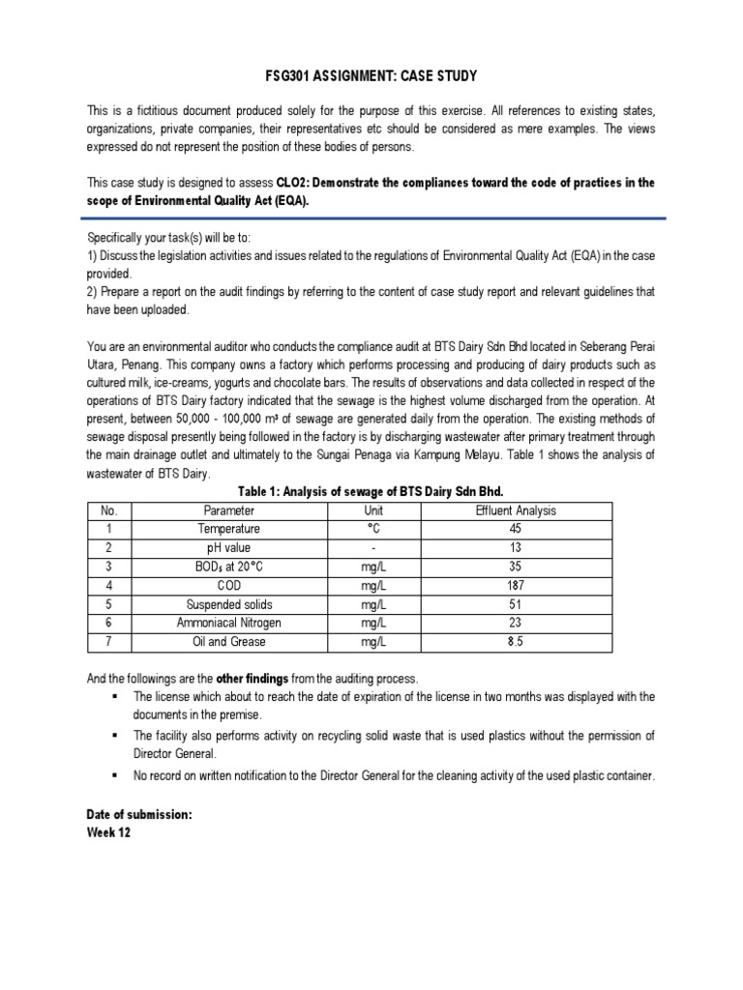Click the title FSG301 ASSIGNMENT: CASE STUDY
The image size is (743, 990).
coord(371,76)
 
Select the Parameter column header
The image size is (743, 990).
coord(229,510)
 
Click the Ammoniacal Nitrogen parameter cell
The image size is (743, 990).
coord(229,624)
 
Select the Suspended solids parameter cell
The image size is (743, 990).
coord(229,604)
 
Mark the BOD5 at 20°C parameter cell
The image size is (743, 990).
coord(229,567)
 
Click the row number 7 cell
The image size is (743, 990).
coord(109,642)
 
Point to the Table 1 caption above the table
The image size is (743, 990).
coord(371,491)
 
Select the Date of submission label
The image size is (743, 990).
coord(139,815)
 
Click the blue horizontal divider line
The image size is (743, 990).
coord(371,218)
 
